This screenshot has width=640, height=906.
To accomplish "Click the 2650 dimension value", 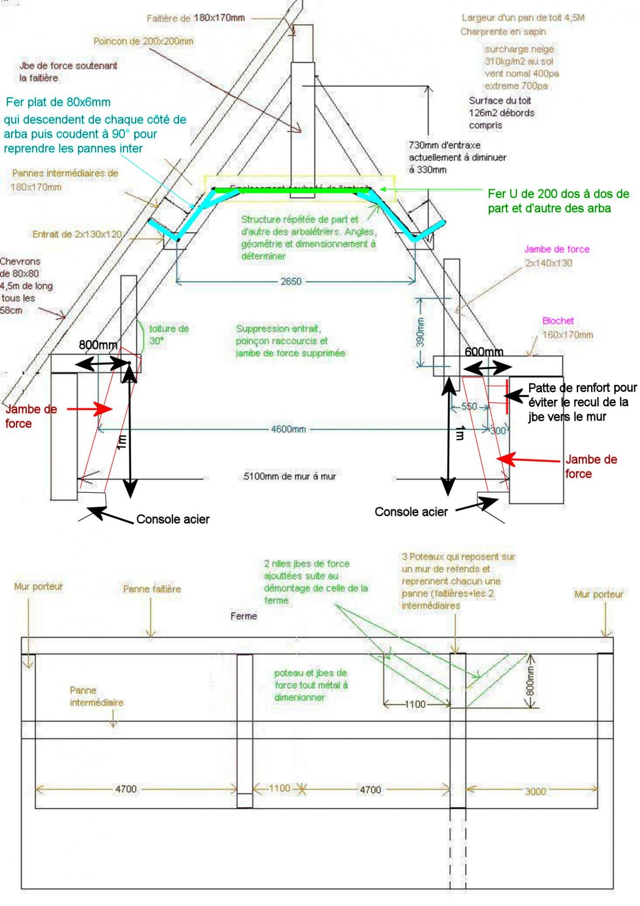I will pos(291,281).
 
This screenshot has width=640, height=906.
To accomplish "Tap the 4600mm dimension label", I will pos(288,429).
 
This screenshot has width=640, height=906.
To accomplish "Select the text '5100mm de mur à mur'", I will pos(290,477).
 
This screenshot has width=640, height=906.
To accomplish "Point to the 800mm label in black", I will pos(98,345).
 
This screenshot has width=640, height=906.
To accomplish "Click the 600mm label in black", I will pos(484,352).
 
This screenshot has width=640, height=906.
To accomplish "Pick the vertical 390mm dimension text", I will pos(420,332).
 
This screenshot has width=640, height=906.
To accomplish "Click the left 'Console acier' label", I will pos(172,520).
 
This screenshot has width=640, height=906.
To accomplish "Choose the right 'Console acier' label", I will pos(411,512).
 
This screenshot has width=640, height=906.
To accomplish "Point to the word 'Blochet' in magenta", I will pos(558,321).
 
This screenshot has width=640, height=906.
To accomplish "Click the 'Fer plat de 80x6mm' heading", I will pos(58,102).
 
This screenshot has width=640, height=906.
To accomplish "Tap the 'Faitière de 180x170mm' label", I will pos(196,18).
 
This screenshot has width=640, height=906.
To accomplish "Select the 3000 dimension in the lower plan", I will pos(535,791).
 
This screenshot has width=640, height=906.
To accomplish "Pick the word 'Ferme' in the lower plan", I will pos(244,616).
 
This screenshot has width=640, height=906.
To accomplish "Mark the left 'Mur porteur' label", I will pos(38,587).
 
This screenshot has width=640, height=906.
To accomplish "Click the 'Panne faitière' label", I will pos(152,589).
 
